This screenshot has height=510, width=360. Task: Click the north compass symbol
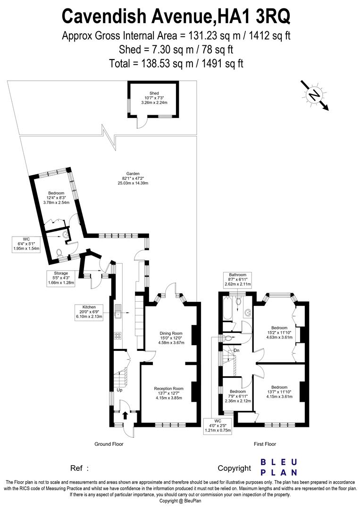[x=312, y=95]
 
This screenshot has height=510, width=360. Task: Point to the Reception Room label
[x=168, y=393]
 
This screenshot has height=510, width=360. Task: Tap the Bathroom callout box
[x=238, y=280]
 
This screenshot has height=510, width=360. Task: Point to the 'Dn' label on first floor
[x=237, y=350]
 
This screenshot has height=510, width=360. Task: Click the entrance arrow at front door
[x=125, y=416]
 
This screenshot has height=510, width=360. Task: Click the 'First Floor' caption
[x=264, y=444]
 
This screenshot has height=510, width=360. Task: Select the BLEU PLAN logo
[x=279, y=467]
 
